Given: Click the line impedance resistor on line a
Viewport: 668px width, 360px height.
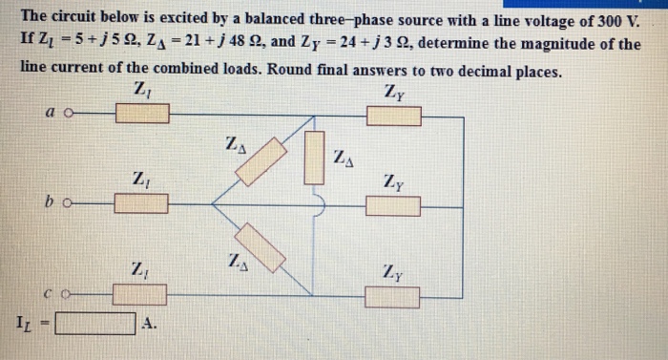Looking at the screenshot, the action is pos(143,115).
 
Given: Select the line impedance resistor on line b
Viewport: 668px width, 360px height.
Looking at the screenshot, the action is pos(141,202).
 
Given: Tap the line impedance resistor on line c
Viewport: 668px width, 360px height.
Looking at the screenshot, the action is pos(139,293).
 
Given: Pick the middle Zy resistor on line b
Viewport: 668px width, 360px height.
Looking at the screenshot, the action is pos(392,205).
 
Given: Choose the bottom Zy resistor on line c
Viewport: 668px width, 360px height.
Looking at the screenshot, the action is pos(392,297).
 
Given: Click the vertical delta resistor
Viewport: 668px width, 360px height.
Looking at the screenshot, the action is pos(315,155).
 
